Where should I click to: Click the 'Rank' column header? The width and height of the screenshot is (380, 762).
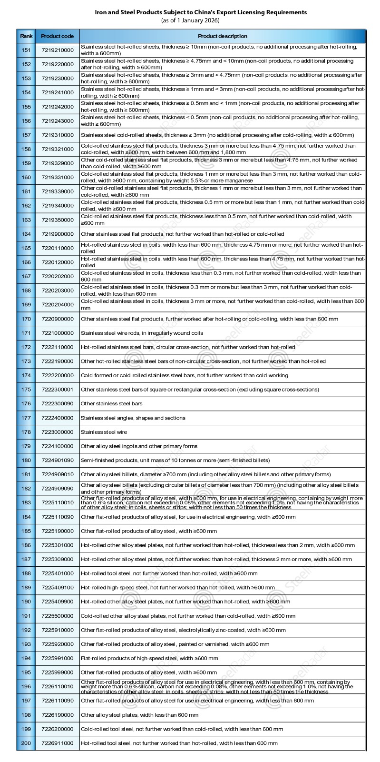point(26,36)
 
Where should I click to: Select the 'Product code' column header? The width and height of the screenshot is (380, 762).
point(57,36)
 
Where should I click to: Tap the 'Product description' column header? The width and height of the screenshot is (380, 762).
point(223,36)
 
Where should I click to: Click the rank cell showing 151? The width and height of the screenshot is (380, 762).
point(26,50)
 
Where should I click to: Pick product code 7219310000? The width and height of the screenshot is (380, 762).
point(57,135)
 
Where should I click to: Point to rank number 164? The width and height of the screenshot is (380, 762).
point(26,234)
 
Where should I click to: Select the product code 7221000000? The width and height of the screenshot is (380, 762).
point(57,333)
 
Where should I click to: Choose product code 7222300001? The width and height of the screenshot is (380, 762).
point(57,390)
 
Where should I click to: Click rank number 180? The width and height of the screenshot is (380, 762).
point(26,461)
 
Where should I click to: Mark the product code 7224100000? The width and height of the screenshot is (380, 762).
point(57,446)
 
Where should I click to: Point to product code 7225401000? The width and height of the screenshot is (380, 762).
point(57,573)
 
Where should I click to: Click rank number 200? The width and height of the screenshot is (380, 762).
point(26,743)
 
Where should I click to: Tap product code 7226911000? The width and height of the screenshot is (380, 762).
point(57,743)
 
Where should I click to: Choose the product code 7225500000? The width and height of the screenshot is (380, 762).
point(57,616)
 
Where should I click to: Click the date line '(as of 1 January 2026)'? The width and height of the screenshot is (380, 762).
point(190,20)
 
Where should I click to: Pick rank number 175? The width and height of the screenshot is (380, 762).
point(26,390)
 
